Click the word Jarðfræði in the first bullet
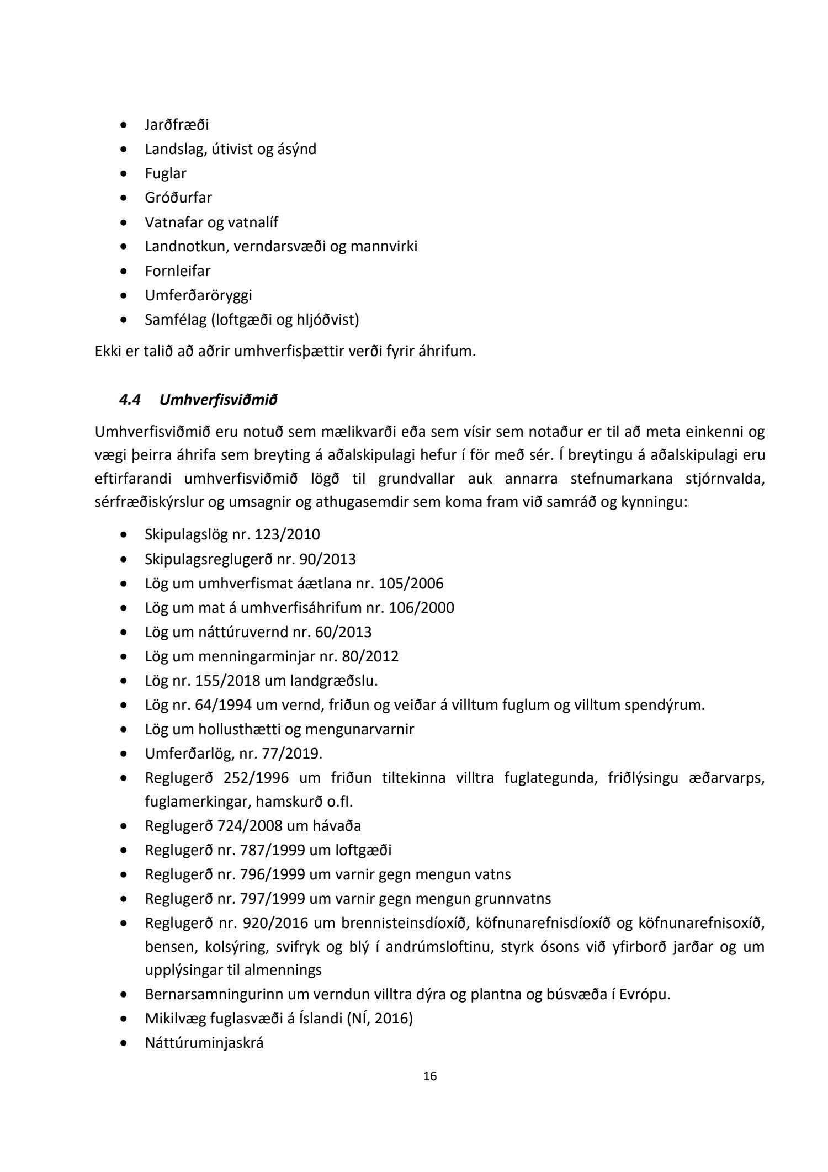point(177,125)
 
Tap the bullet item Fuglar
point(166,173)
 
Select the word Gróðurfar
point(178,198)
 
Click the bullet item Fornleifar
point(178,271)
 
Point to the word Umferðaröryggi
point(198,295)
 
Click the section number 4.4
point(130,400)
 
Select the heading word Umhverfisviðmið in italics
point(218,400)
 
